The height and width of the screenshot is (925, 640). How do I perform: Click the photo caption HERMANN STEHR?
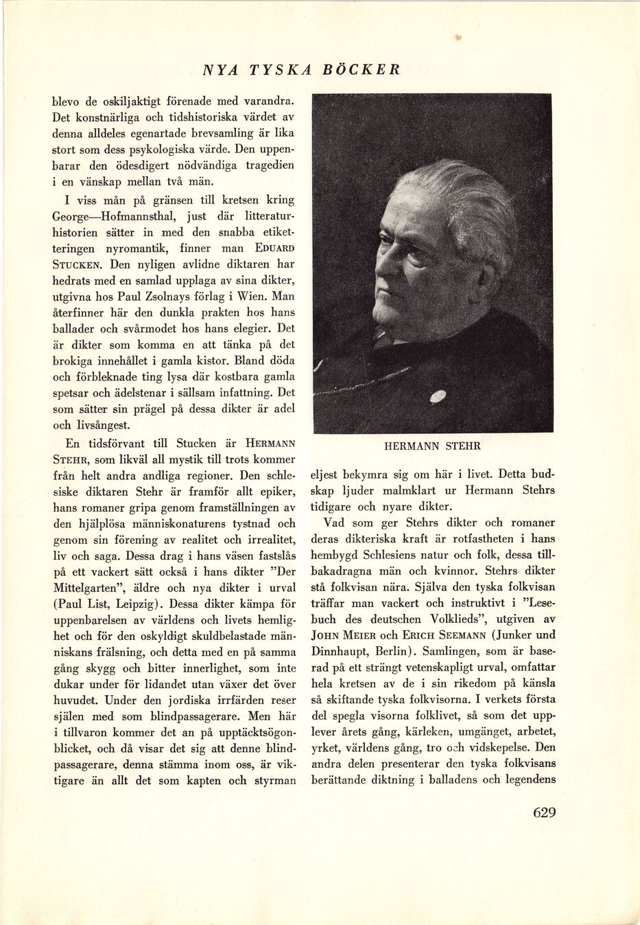coord(432,446)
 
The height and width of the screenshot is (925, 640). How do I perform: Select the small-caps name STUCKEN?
coord(78,264)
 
